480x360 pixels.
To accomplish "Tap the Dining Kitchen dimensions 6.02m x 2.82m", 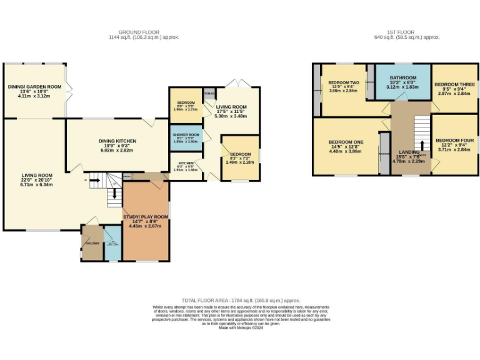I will coord(115,150).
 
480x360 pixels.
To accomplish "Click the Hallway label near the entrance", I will coord(92,243).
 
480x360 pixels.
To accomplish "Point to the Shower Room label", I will coord(186,135).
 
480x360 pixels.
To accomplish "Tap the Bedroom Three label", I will coord(454,84).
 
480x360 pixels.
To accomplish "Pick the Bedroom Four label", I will coord(454,141).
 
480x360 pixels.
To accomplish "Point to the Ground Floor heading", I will coord(139,32).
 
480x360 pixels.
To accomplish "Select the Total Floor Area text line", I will coord(241,301).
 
